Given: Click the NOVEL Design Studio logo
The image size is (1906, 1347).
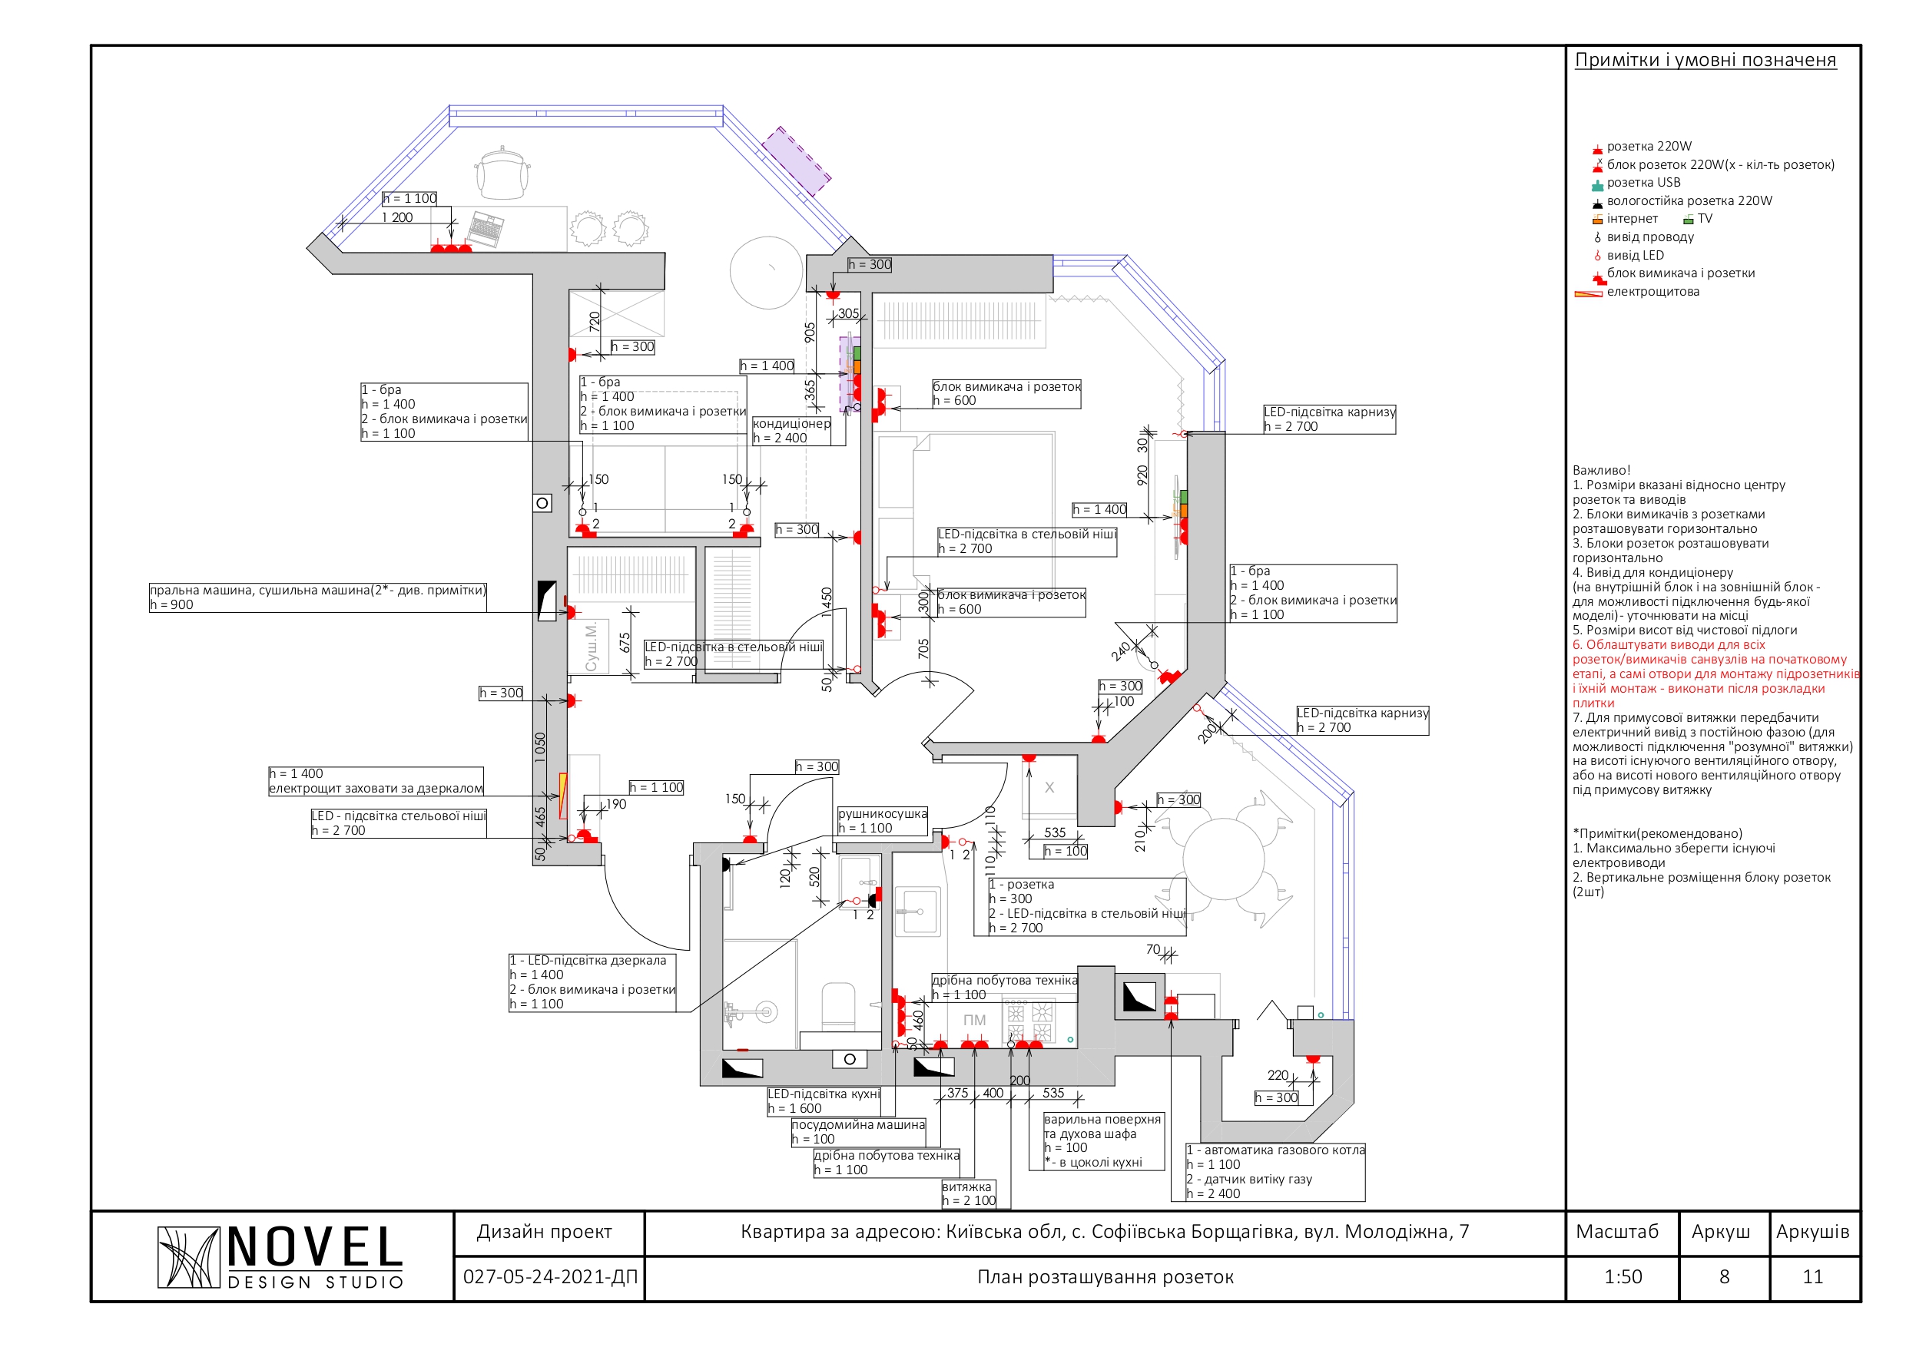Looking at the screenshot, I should pos(280,1257).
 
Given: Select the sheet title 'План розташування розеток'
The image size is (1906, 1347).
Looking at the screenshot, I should pos(1105,1277).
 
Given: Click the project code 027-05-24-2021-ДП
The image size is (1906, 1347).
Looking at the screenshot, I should pos(549,1277).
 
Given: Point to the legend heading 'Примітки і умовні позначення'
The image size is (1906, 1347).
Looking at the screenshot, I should pos(1705,60).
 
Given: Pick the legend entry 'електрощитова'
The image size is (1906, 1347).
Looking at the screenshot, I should pos(1652,292).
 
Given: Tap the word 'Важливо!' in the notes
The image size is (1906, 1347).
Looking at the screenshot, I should pos(1601,470).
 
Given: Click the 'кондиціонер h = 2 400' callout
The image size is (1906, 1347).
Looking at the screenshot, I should pos(791,431).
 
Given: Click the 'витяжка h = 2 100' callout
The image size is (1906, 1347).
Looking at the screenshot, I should pos(968,1194).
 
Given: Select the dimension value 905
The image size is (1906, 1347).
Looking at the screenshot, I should pos(810,333).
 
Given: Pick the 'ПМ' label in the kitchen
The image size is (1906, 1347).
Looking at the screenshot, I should pos(975,1020).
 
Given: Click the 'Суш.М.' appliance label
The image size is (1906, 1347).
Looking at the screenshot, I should pos(591,647).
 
